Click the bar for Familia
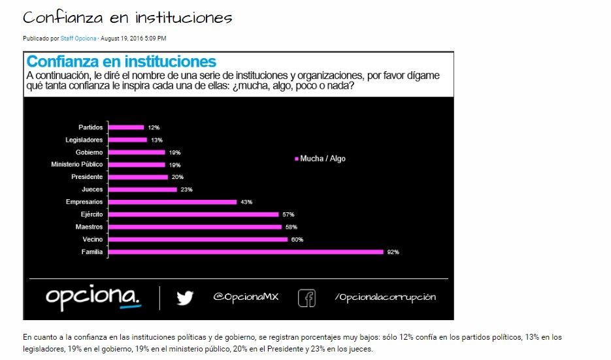pos(245,252)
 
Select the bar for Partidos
pos(125,127)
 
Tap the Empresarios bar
pos(172,202)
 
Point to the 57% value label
pos(288,214)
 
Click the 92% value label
pos(392,252)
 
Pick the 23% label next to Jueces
pos(186,189)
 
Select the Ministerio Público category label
pos(77,165)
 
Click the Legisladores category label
pos(84,140)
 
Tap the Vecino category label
pos(92,239)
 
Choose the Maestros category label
pos(90,227)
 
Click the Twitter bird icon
pos(185,298)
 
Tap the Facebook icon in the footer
pos(306,298)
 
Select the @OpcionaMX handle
pos(246,297)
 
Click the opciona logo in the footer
pos(93,297)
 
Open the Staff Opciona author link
pos(78,39)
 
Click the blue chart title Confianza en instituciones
pos(121,62)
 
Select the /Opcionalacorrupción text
pos(385,297)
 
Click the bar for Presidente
pos(137,177)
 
